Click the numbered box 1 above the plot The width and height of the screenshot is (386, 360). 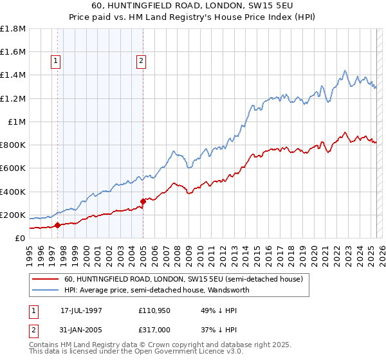tap(56, 62)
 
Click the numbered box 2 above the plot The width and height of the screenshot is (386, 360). tap(141, 62)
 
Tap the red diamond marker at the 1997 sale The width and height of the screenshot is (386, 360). tap(58, 225)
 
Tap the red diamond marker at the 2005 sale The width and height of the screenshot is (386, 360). tap(143, 201)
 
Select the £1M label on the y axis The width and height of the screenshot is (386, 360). tap(17, 122)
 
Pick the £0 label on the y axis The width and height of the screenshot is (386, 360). tap(21, 238)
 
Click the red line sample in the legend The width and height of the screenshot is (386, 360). tap(45, 279)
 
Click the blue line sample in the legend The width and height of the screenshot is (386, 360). tap(45, 290)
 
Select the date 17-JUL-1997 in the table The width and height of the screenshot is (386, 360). tap(81, 310)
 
